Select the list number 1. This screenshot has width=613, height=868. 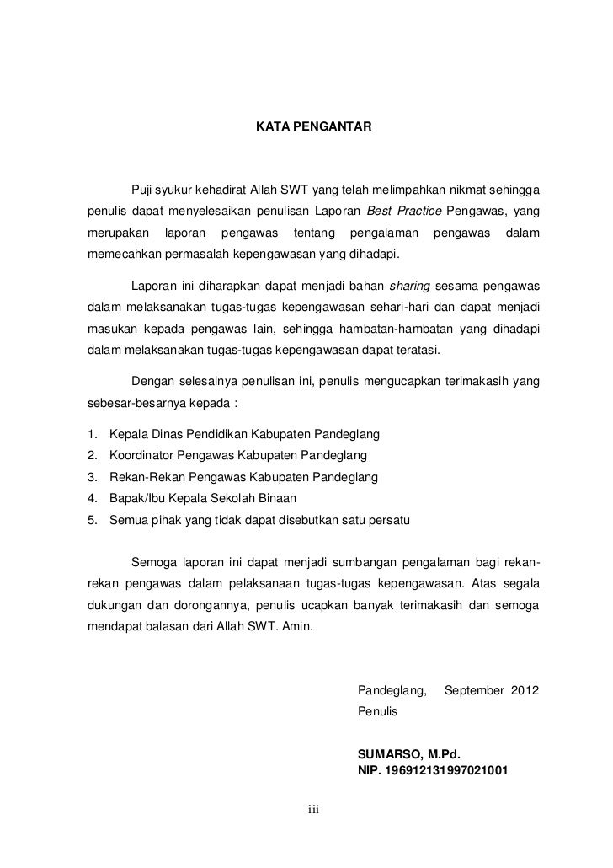pyautogui.click(x=91, y=435)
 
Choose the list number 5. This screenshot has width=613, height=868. pyautogui.click(x=91, y=519)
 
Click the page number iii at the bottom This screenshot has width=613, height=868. pyautogui.click(x=313, y=810)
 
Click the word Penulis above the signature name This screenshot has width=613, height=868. pyautogui.click(x=376, y=711)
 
